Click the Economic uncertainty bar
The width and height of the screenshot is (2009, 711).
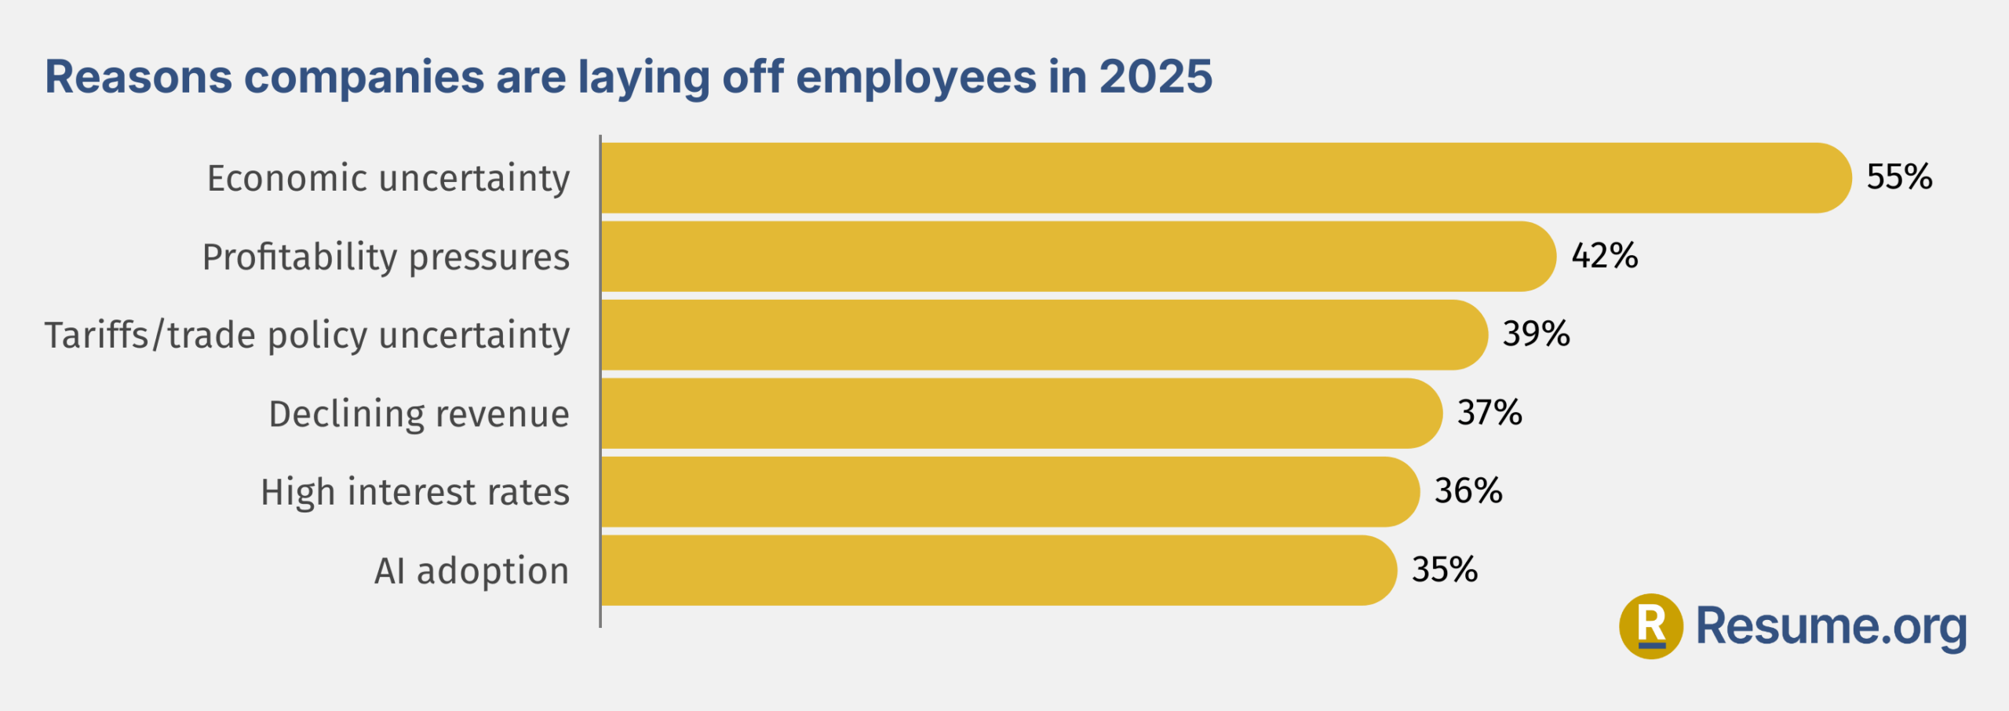coord(1224,178)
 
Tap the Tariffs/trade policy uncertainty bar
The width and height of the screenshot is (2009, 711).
coord(1044,335)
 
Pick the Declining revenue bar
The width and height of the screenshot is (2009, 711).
coord(1020,414)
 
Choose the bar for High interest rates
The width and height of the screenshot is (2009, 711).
coord(1009,492)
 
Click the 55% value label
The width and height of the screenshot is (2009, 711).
coord(1899,177)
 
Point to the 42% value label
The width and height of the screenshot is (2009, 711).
coord(1604,256)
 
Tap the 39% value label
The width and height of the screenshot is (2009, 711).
coord(1536,334)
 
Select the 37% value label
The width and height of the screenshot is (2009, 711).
coord(1489,413)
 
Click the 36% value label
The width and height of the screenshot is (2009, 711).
coord(1468,491)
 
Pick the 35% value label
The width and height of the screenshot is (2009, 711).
coord(1444,570)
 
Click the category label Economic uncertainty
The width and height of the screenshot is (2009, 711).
coord(388,179)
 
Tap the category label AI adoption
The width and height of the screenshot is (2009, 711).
coord(471,571)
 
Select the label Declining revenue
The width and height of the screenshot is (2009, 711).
coord(418,414)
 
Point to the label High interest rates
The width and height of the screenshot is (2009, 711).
coord(414,493)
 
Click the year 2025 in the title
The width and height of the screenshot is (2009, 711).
coord(1155,77)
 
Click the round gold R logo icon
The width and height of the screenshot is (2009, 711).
coord(1651,626)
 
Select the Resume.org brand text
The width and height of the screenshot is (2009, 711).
coord(1831,626)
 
